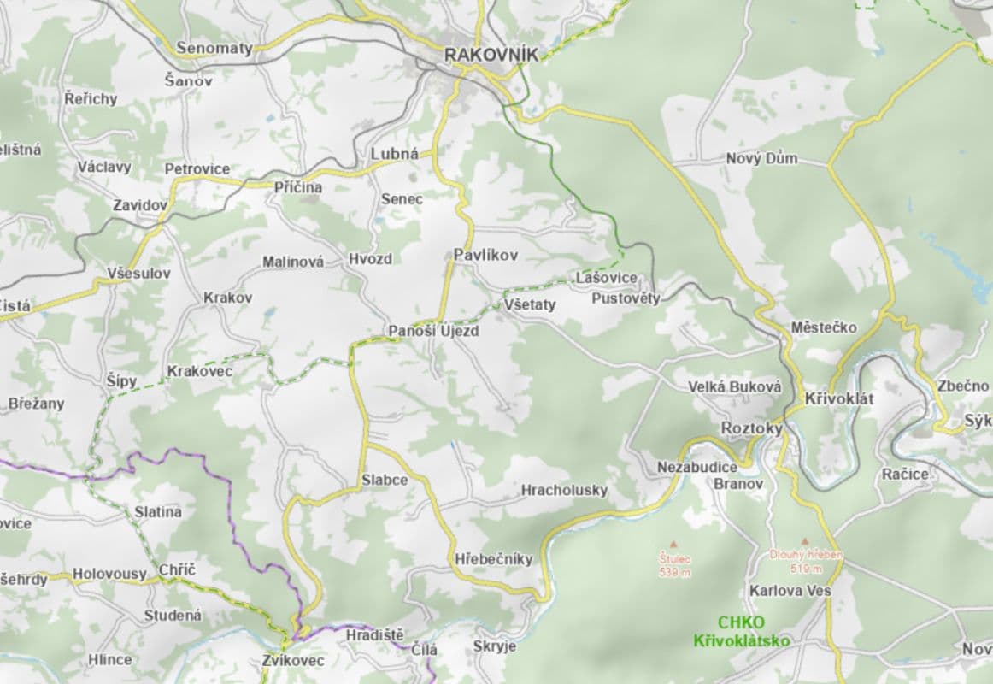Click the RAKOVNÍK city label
(x=491, y=55)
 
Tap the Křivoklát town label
(x=840, y=399)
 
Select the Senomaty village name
(x=214, y=48)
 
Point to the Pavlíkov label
(x=485, y=255)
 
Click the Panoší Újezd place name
(x=433, y=331)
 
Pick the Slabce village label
(x=384, y=480)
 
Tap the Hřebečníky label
(x=494, y=558)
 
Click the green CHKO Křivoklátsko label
(x=741, y=632)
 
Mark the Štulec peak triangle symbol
(x=673, y=543)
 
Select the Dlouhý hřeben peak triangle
(x=804, y=541)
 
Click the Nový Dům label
(x=761, y=159)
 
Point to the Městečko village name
(x=823, y=327)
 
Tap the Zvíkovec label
(x=293, y=660)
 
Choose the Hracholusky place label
(x=564, y=490)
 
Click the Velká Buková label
(x=735, y=387)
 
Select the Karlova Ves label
(x=790, y=591)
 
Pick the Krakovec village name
(x=200, y=371)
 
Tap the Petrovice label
(x=197, y=169)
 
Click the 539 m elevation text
(x=674, y=572)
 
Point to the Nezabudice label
(x=696, y=468)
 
